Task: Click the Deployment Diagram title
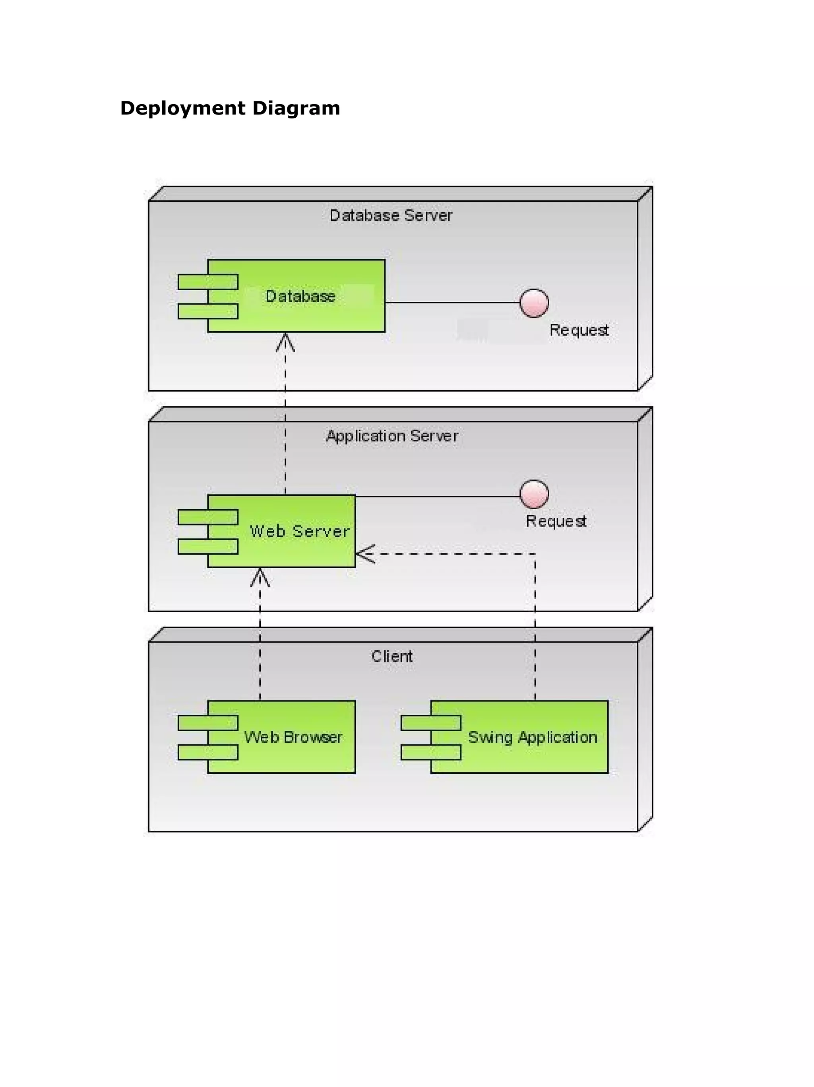(x=230, y=108)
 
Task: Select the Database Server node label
(x=391, y=215)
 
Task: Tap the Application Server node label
(x=391, y=436)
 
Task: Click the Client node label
(x=391, y=656)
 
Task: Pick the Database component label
(x=300, y=296)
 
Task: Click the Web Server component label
(x=299, y=531)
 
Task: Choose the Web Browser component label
(x=293, y=737)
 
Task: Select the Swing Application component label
(x=532, y=737)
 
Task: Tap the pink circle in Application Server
(x=534, y=494)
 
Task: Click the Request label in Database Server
(x=579, y=330)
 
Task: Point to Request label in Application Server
(x=556, y=521)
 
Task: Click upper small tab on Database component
(x=208, y=281)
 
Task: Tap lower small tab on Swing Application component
(x=431, y=752)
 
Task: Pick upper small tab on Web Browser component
(x=208, y=722)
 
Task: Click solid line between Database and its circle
(x=452, y=303)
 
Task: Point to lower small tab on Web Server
(x=208, y=546)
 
